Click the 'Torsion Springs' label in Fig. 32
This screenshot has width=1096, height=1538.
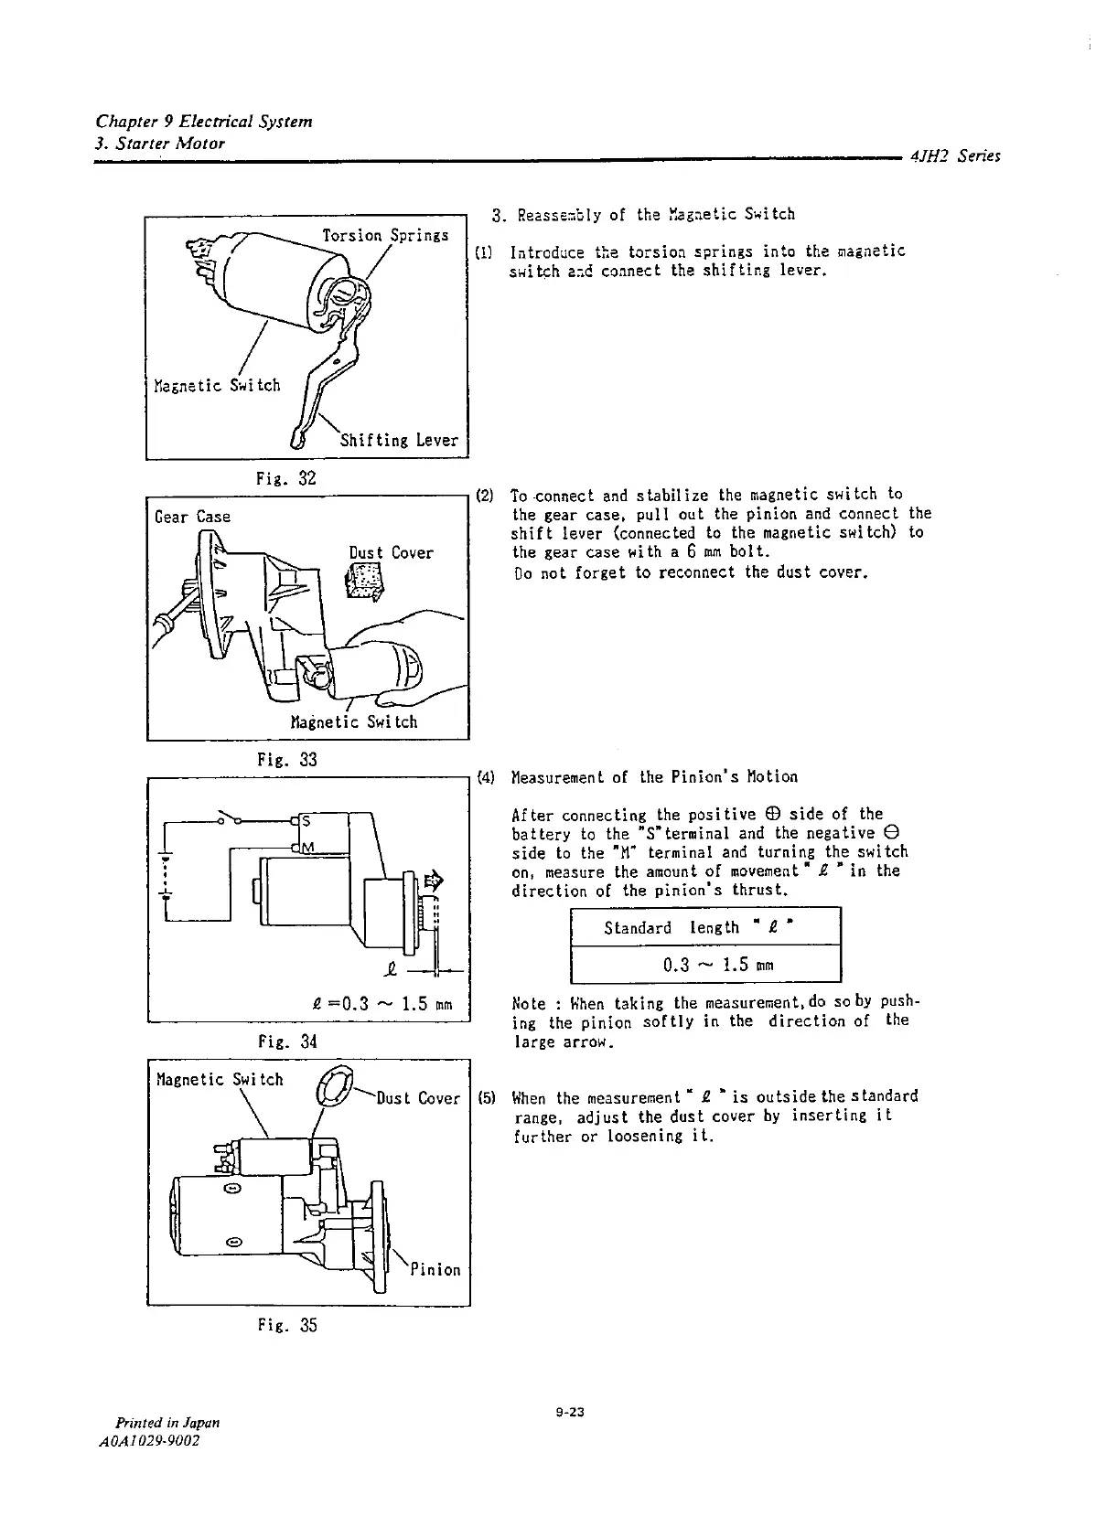pos(385,235)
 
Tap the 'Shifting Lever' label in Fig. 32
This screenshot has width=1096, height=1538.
pos(399,440)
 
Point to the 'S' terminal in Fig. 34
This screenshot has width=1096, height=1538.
pos(305,820)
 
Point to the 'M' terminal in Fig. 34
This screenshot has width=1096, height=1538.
pos(306,848)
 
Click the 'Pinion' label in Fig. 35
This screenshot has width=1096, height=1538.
pos(435,1269)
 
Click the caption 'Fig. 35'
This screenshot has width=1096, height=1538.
pos(286,1325)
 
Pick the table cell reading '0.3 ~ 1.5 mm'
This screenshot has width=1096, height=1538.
pos(704,964)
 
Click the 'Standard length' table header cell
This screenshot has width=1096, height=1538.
pos(704,928)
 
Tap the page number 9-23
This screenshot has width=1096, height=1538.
pos(569,1413)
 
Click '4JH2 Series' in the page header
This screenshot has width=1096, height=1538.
pos(955,156)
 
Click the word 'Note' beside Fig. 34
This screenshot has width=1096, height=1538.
pos(530,1002)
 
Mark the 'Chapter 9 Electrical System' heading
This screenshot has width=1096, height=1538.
pos(204,122)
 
